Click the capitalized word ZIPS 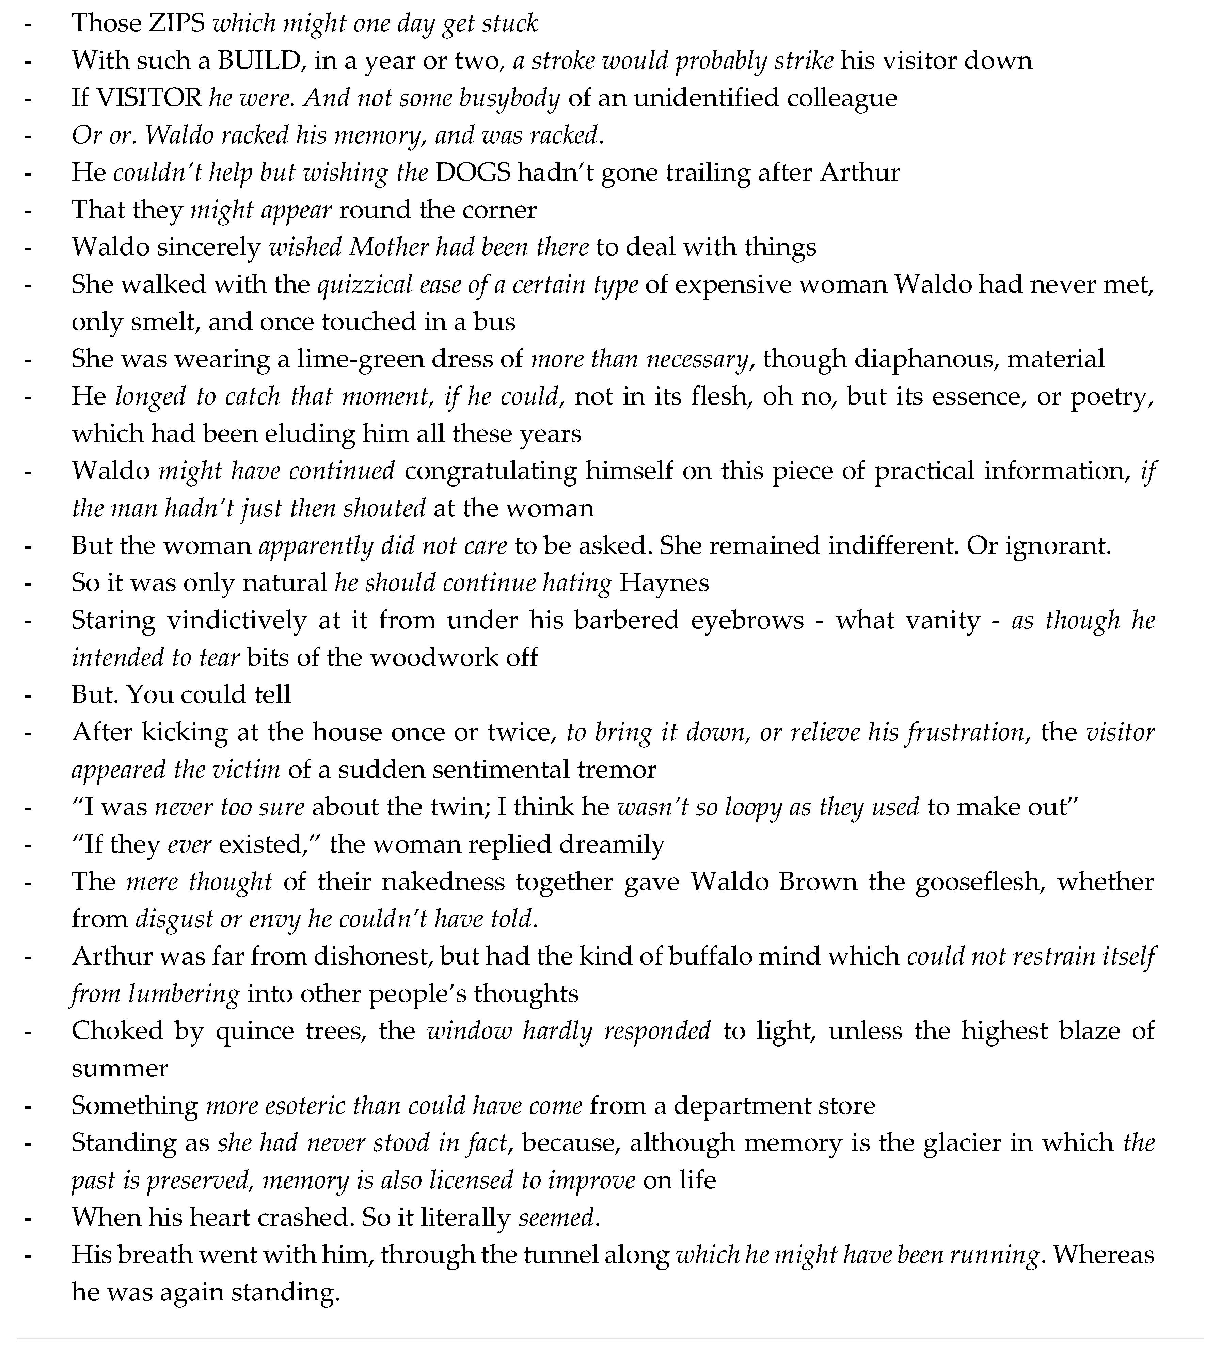click(x=176, y=23)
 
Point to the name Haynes click(x=664, y=583)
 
